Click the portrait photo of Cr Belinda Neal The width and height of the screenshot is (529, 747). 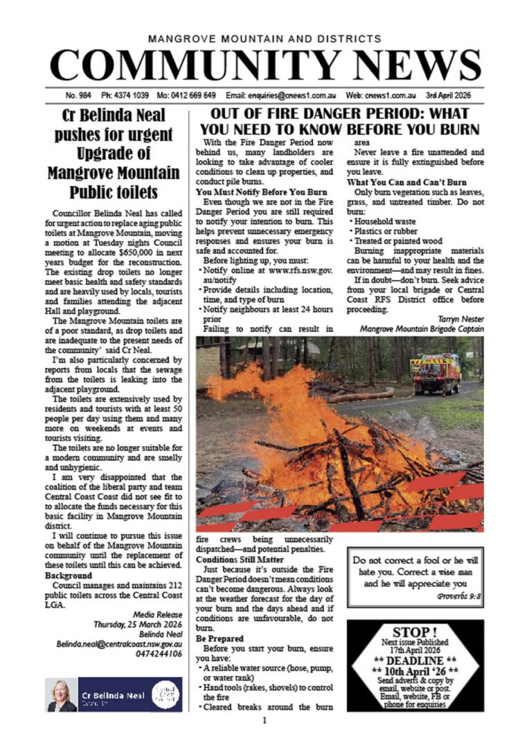point(62,694)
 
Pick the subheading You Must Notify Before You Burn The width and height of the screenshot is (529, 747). point(262,191)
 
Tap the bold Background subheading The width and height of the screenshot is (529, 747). point(68,575)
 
